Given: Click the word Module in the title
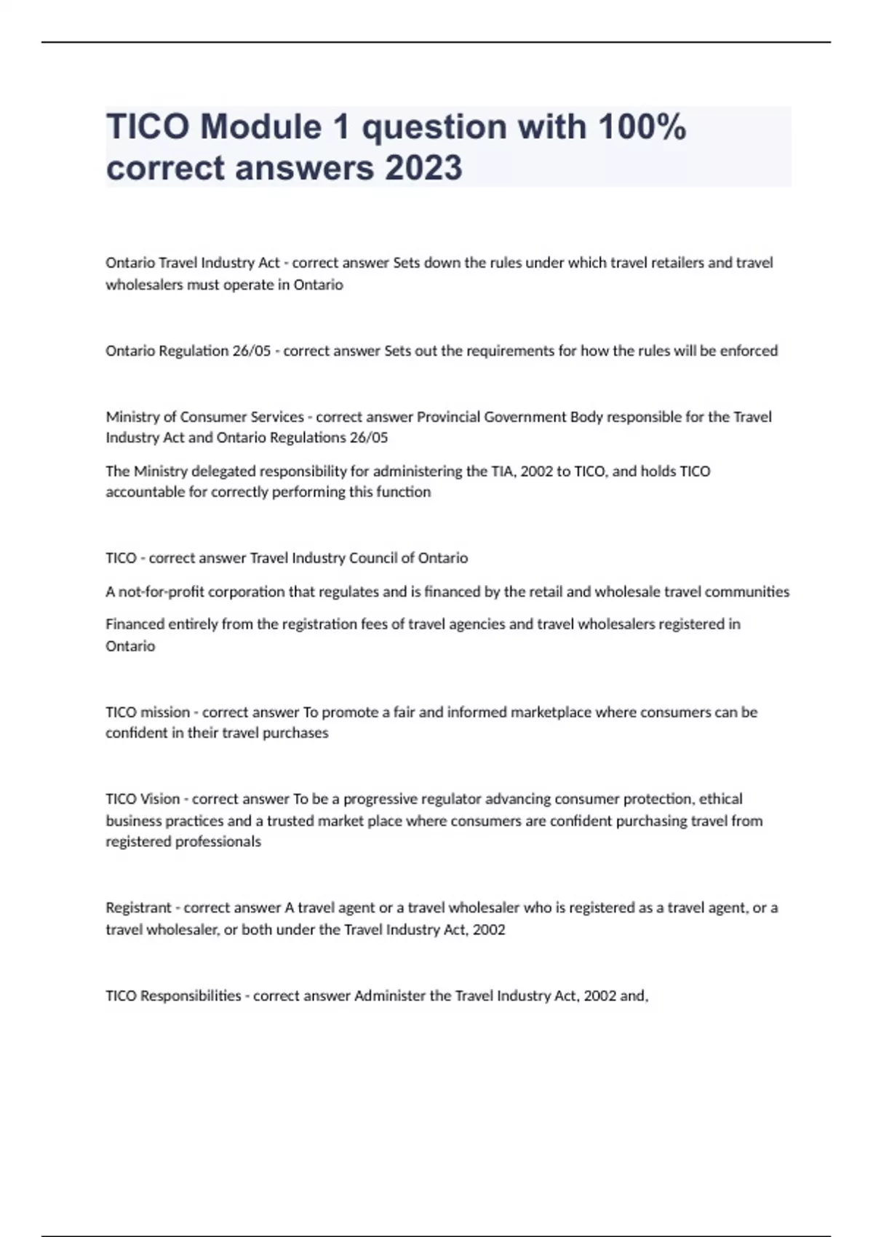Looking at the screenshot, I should (260, 127).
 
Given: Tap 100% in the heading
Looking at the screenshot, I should (642, 127).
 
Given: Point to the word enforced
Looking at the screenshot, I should (749, 351).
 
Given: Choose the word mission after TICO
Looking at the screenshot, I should (164, 712).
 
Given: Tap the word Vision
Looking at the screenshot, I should (159, 799).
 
